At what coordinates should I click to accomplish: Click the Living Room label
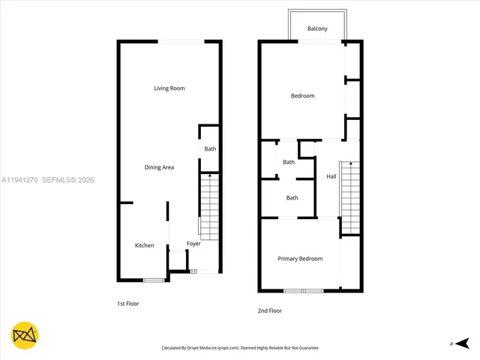(169, 88)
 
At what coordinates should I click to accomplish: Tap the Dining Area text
(159, 167)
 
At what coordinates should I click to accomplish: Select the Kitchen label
(144, 245)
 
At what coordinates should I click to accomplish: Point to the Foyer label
(193, 244)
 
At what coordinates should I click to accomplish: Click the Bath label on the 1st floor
(210, 148)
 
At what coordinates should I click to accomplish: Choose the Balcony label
(317, 28)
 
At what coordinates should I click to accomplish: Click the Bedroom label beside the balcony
(303, 95)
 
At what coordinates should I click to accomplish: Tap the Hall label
(331, 176)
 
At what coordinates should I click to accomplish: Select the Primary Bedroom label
(300, 259)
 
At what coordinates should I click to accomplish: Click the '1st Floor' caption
(128, 304)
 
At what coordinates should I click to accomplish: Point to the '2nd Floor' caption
(270, 310)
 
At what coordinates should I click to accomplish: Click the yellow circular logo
(25, 335)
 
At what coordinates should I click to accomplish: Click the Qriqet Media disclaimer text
(240, 348)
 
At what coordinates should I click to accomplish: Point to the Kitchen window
(154, 280)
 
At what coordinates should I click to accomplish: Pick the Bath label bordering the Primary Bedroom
(292, 198)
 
